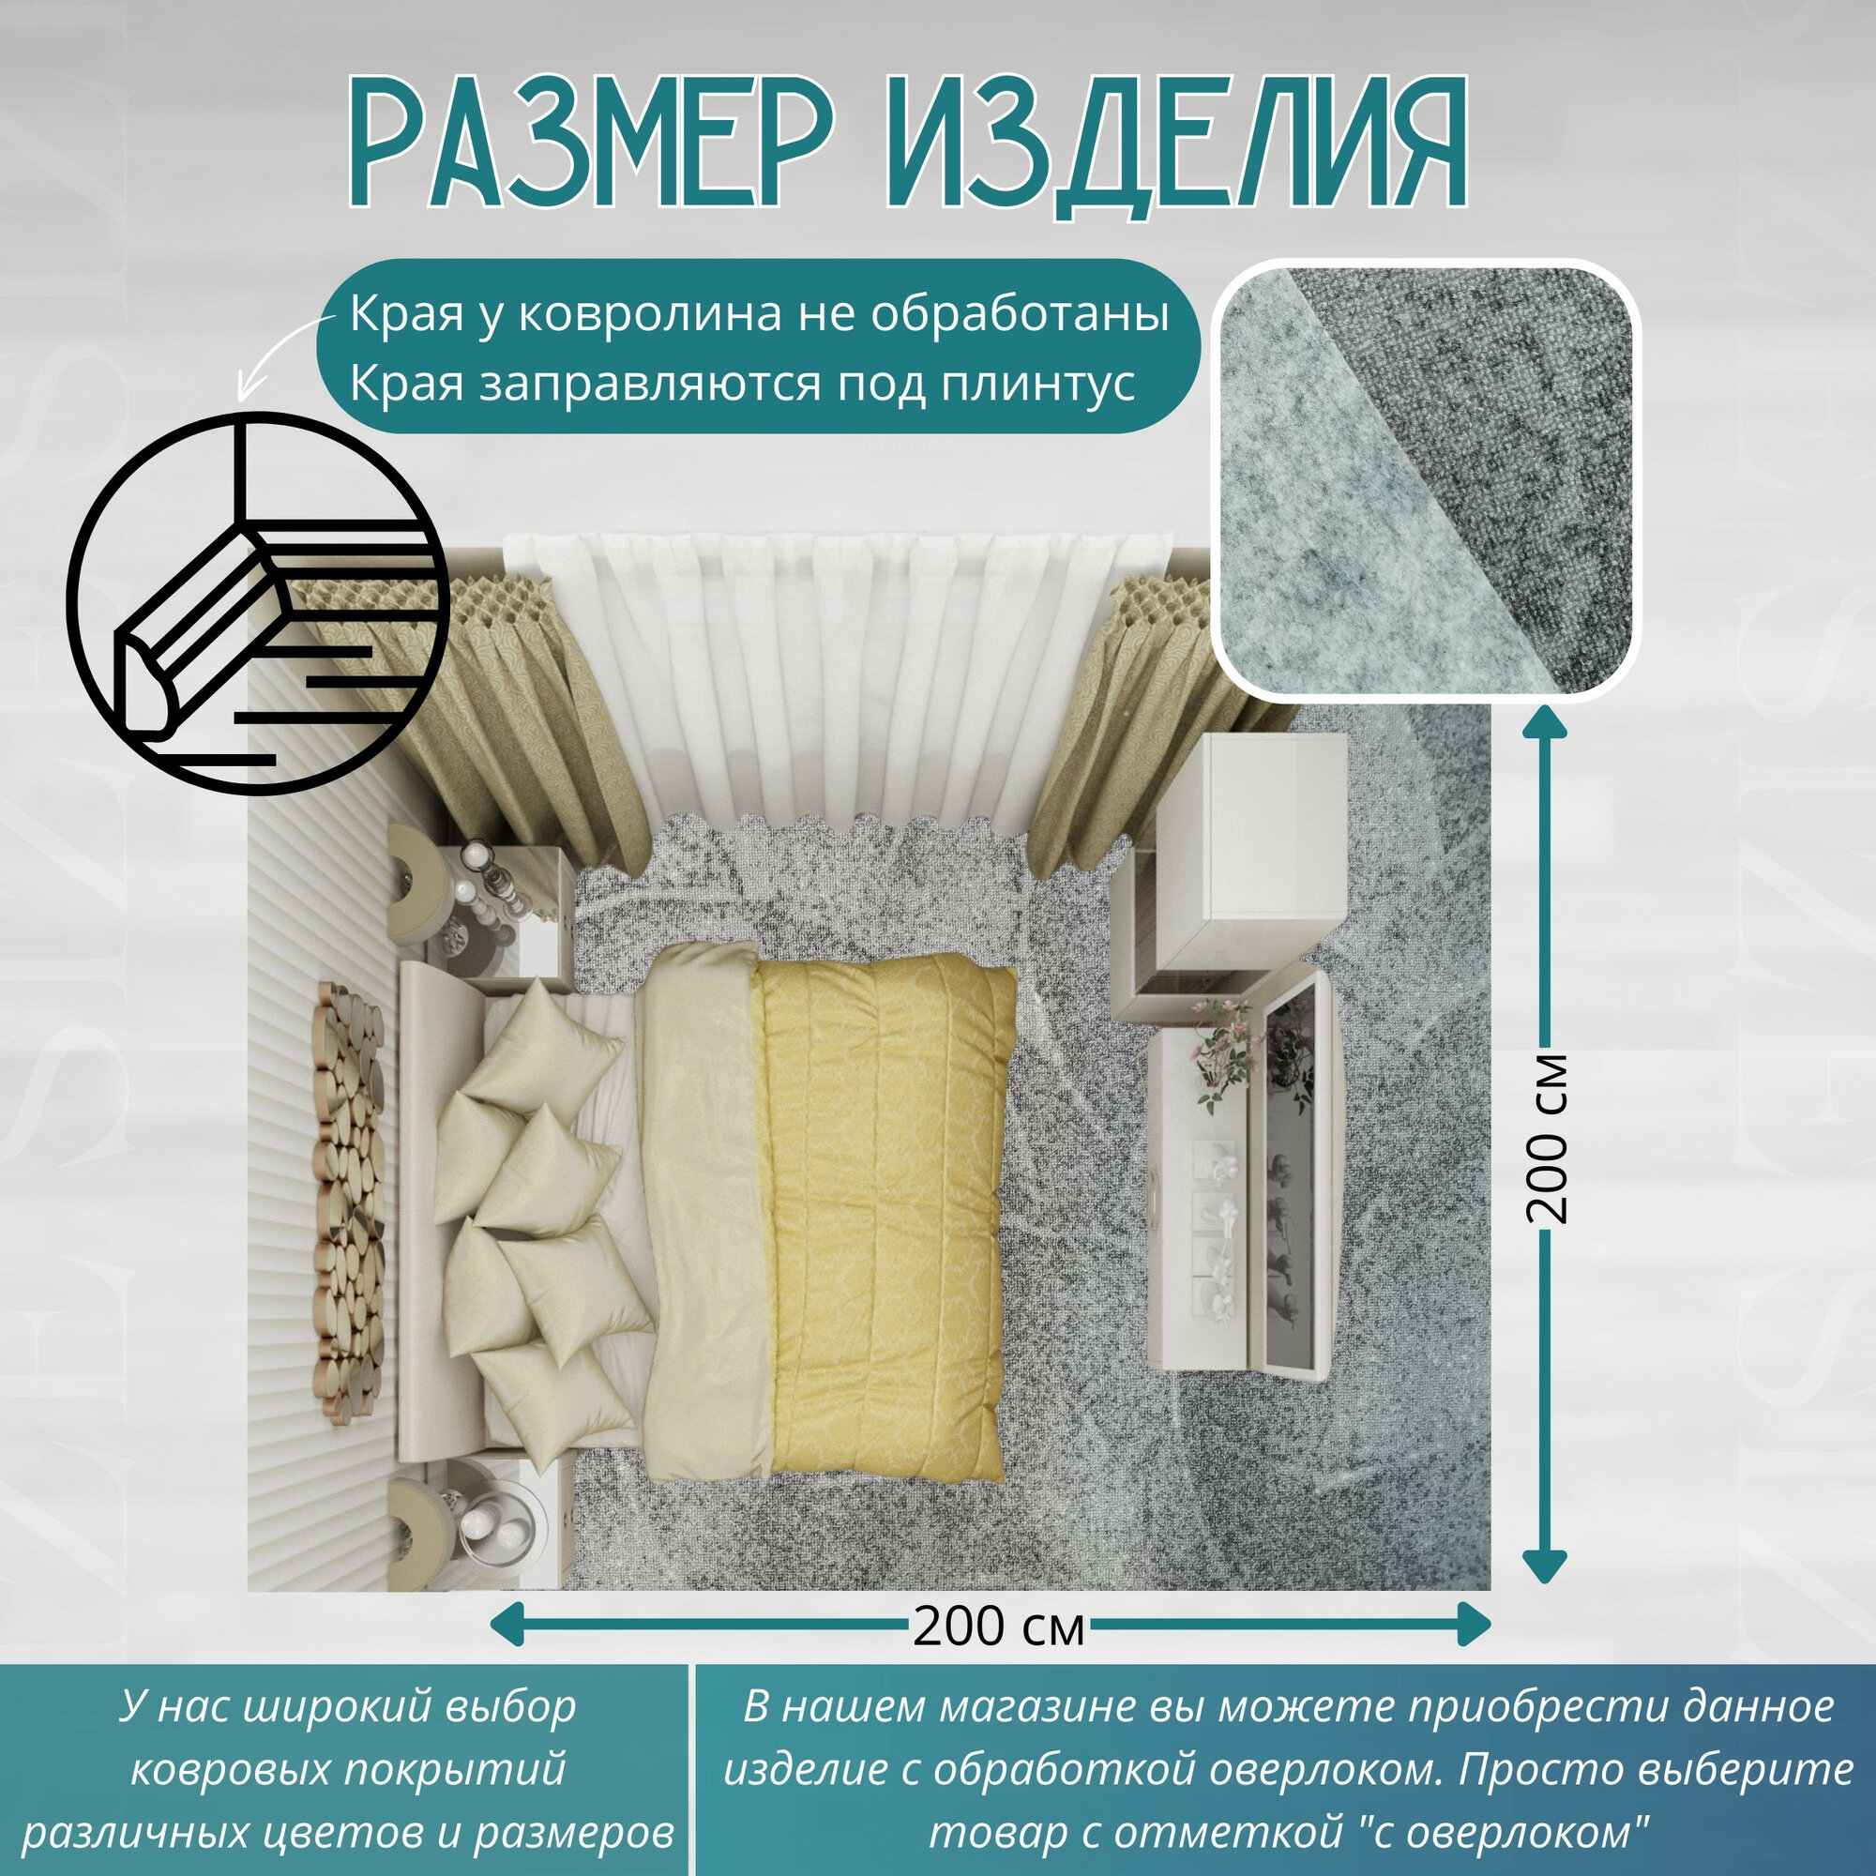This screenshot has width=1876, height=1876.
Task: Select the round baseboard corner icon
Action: click(258, 603)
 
